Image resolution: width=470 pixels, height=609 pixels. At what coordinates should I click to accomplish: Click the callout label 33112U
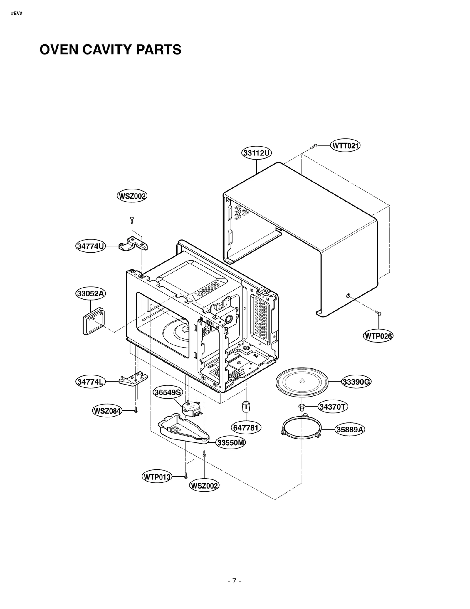point(256,153)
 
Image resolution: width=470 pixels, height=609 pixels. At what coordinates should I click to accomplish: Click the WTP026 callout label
point(378,336)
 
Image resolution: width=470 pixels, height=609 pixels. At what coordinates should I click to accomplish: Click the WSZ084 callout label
point(107,411)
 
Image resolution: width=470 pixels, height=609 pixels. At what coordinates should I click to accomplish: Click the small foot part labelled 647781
point(246,407)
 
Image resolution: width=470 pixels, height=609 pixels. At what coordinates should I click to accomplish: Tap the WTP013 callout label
point(157,477)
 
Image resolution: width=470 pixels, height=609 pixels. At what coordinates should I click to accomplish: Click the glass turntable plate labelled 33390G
point(302,382)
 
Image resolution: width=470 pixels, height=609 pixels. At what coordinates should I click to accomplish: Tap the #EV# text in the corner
point(17,14)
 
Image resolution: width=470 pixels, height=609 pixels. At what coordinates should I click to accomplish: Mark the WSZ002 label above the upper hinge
point(132,196)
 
